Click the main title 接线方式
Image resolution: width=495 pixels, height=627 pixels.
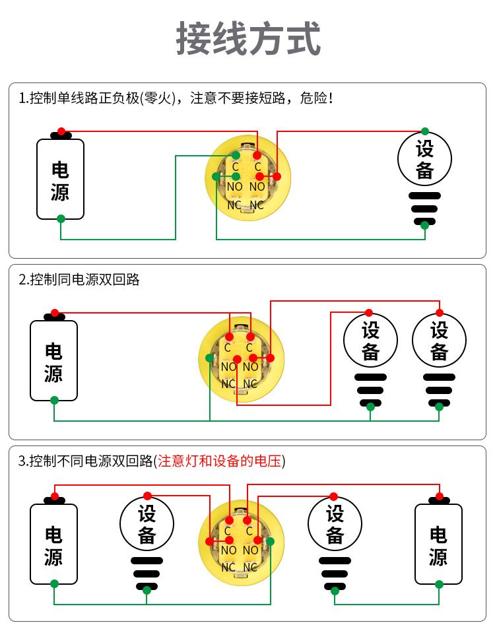pyautogui.click(x=248, y=39)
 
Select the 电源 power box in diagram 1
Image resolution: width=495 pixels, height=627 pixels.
pyautogui.click(x=60, y=179)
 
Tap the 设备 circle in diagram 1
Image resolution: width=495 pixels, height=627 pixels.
pyautogui.click(x=424, y=159)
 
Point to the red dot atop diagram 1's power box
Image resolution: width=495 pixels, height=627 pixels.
pyautogui.click(x=61, y=131)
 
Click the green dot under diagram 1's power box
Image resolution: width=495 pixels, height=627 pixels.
pyautogui.click(x=61, y=218)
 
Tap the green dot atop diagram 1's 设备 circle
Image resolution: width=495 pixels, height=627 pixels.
pyautogui.click(x=425, y=131)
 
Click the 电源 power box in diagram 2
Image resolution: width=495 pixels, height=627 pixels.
pyautogui.click(x=53, y=360)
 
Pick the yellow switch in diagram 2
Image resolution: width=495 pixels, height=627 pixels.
pyautogui.click(x=240, y=359)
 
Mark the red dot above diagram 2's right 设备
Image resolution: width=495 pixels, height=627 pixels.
pyautogui.click(x=440, y=313)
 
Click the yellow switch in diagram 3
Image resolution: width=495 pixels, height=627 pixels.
pyautogui.click(x=240, y=542)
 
